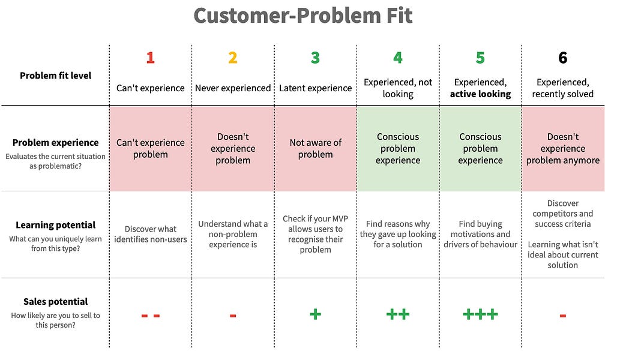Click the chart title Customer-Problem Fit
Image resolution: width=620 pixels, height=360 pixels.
pyautogui.click(x=303, y=16)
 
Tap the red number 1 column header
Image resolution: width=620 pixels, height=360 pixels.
pyautogui.click(x=150, y=58)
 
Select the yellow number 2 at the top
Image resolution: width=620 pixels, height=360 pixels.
pyautogui.click(x=233, y=58)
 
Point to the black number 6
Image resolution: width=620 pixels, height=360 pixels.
pyautogui.click(x=562, y=58)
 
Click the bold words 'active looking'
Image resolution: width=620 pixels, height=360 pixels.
pyautogui.click(x=480, y=94)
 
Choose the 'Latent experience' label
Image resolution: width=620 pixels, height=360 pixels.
pyautogui.click(x=315, y=88)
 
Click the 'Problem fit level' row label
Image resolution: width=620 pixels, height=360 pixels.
pyautogui.click(x=55, y=76)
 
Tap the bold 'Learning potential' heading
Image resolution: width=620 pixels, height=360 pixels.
pyautogui.click(x=55, y=225)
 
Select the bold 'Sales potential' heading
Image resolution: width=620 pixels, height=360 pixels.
pyautogui.click(x=55, y=302)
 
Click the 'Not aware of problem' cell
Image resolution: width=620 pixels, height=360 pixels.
pyautogui.click(x=315, y=148)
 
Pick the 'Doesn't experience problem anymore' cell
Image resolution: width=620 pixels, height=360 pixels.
pyautogui.click(x=562, y=148)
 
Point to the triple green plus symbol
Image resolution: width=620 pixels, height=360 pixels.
pyautogui.click(x=480, y=314)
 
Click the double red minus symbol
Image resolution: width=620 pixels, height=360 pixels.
pyautogui.click(x=150, y=316)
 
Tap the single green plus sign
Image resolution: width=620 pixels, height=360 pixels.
pyautogui.click(x=315, y=314)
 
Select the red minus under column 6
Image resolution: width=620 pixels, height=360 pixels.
pyautogui.click(x=562, y=316)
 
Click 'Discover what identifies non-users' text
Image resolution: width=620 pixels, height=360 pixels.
pyautogui.click(x=150, y=234)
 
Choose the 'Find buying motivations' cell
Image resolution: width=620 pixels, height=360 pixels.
pyautogui.click(x=480, y=234)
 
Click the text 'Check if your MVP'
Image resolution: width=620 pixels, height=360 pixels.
pyautogui.click(x=315, y=218)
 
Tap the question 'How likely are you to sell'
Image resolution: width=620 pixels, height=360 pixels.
pyautogui.click(x=55, y=316)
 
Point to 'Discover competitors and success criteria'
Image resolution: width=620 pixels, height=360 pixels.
pyautogui.click(x=562, y=214)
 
